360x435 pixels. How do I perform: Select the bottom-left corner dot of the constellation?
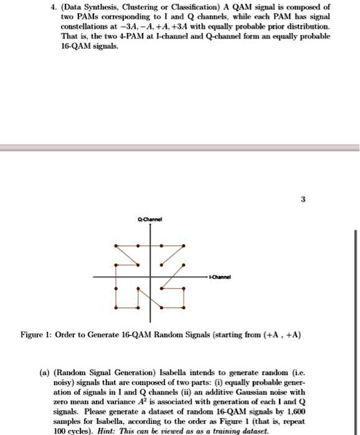pyautogui.click(x=115, y=308)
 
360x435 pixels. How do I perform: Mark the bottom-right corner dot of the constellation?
pyautogui.click(x=184, y=308)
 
